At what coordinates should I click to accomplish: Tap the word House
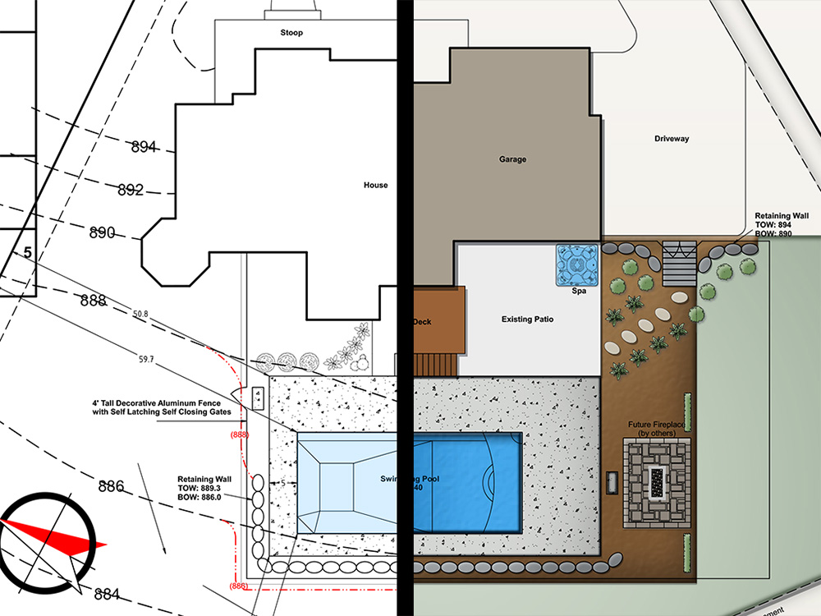point(375,186)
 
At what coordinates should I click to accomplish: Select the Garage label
point(512,159)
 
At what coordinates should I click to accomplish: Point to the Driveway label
point(672,139)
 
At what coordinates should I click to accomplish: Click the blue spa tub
point(579,264)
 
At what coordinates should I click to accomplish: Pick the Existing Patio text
point(527,318)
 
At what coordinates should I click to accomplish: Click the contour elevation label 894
point(143,147)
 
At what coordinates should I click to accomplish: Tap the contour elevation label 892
point(130,191)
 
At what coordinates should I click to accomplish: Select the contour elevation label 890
point(102,232)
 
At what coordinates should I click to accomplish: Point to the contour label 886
point(111,486)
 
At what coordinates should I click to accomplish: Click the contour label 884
point(107,593)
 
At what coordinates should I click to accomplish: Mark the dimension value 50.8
point(140,314)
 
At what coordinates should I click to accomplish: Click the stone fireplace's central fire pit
point(656,483)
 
